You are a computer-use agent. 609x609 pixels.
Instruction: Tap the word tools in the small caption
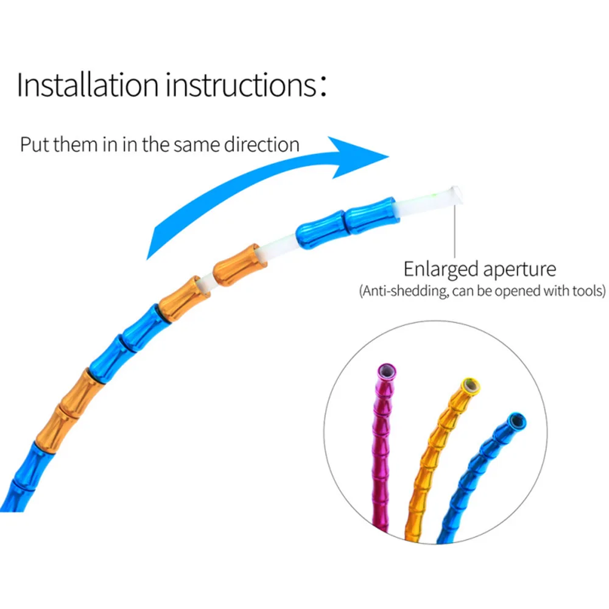coord(587,290)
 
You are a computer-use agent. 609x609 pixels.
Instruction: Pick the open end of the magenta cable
coord(386,370)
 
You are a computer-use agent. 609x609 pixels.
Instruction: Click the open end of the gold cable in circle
coord(470,385)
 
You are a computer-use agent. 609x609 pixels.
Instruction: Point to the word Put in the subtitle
coord(33,145)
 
